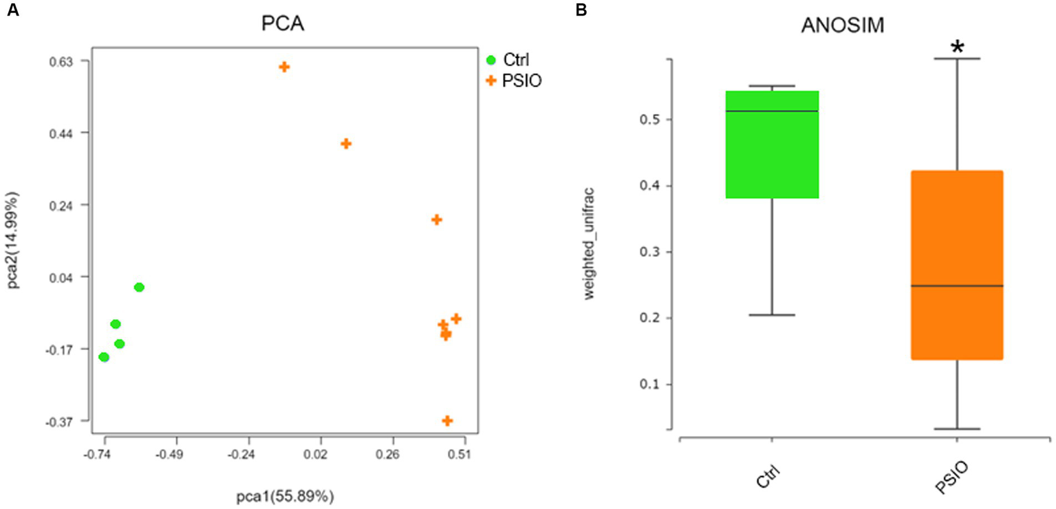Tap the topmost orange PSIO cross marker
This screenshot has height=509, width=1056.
pyautogui.click(x=284, y=67)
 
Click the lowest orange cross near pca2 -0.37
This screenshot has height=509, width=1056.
pyautogui.click(x=447, y=420)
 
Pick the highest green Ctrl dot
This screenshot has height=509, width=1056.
pyautogui.click(x=139, y=287)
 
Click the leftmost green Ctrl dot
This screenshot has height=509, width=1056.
pyautogui.click(x=104, y=357)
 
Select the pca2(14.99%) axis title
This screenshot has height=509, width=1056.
pyautogui.click(x=15, y=241)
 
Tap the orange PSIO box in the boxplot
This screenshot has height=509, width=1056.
pyautogui.click(x=956, y=265)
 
